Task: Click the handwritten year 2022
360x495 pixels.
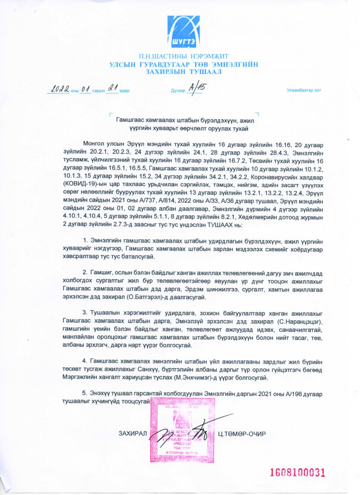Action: pos(58,89)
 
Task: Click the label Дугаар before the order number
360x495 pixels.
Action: pos(178,91)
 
